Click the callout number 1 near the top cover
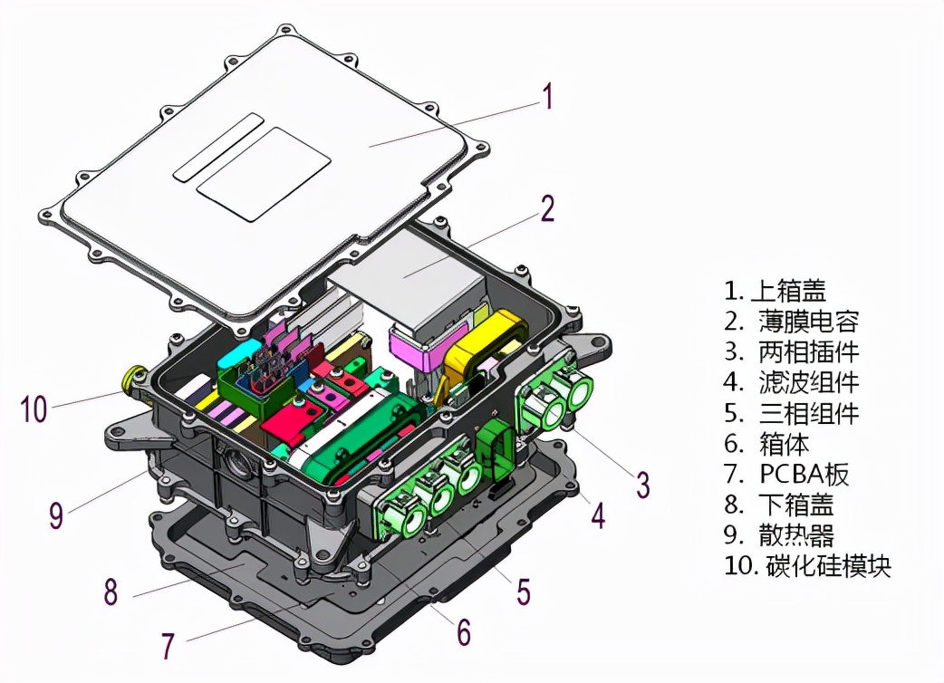click(546, 96)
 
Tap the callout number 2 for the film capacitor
click(546, 209)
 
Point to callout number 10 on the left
click(34, 409)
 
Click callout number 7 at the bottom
click(167, 646)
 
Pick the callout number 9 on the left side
click(56, 515)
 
